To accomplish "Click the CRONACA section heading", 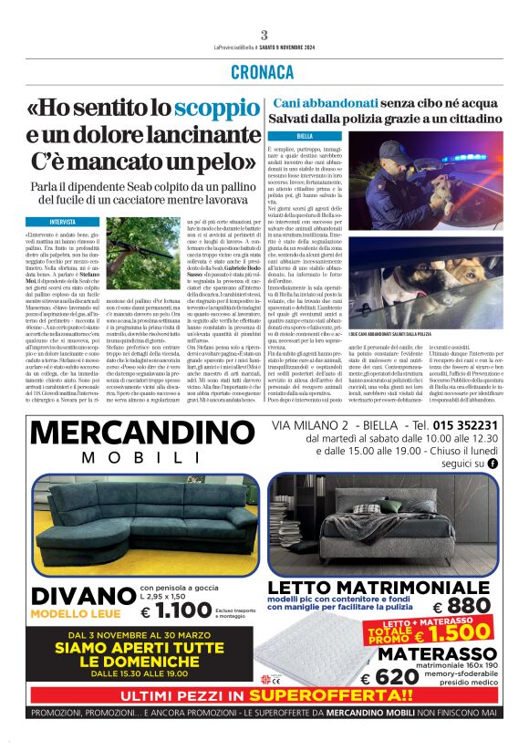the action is tap(264, 72).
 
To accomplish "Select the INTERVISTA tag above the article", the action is tap(63, 222).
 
